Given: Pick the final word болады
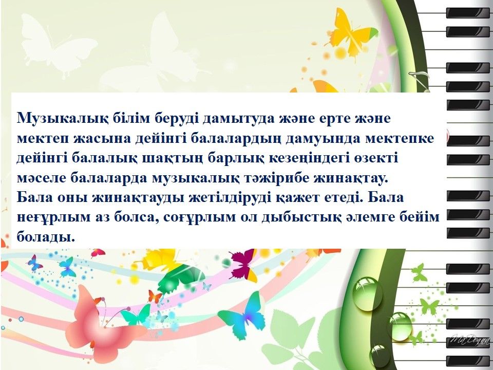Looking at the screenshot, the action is tap(46, 237).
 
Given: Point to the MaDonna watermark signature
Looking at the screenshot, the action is tap(470, 340).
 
